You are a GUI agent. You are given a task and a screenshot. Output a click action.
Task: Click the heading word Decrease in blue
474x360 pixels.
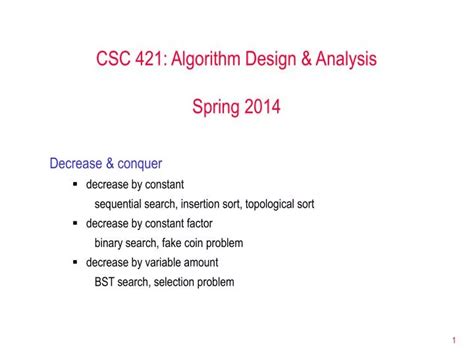coord(78,163)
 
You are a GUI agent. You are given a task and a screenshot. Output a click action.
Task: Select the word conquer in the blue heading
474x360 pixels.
coord(142,163)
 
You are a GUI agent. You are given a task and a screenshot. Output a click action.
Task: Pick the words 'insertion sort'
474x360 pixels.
coord(211,204)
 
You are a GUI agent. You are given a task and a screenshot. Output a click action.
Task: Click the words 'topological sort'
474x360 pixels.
coord(280,204)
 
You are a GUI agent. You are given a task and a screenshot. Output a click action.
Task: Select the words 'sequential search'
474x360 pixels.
coord(135,204)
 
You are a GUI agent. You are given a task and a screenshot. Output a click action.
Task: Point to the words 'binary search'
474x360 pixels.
coord(127,243)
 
